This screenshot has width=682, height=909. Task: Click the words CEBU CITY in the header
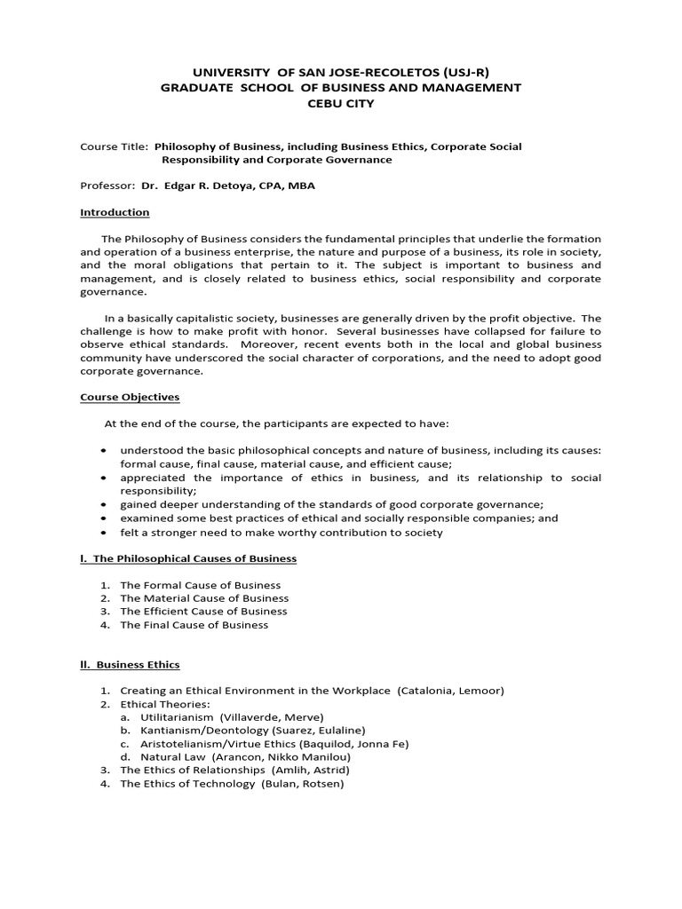pos(341,104)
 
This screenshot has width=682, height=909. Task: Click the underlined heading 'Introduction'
pos(115,213)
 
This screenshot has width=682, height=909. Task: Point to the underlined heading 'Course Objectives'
pos(129,398)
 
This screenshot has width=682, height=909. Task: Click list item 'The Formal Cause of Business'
pos(200,585)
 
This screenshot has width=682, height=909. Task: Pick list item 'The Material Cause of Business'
pos(204,598)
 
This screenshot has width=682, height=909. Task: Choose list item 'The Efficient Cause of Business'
pos(203,612)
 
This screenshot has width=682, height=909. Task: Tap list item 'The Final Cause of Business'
pos(194,625)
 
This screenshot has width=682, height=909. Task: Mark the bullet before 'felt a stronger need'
pos(107,533)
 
